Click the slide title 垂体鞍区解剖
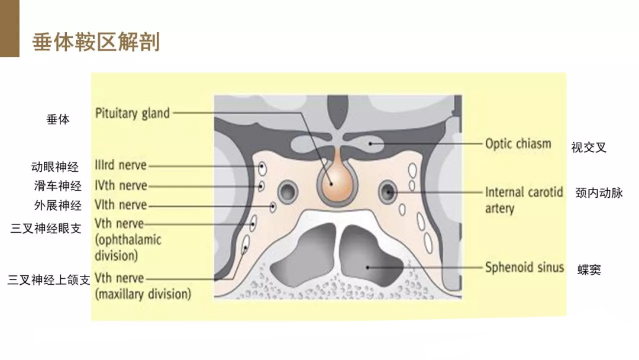coord(96,42)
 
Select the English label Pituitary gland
coord(133,113)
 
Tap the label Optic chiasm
coord(518,143)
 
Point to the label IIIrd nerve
coord(121,165)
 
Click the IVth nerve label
coord(121,185)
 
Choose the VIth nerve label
coord(121,205)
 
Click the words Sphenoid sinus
coord(524,268)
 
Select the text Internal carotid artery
coord(524,200)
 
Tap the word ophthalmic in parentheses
coord(130,240)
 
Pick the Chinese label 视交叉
coord(589,147)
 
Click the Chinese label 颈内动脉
coord(599,192)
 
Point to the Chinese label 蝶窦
coord(589,269)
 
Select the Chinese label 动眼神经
coord(55,167)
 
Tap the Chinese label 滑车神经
coord(58,186)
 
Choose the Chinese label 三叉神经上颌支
coord(49,279)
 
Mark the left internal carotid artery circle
coord(288,191)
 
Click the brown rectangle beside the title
coord(10,28)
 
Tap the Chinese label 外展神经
coord(58,205)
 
